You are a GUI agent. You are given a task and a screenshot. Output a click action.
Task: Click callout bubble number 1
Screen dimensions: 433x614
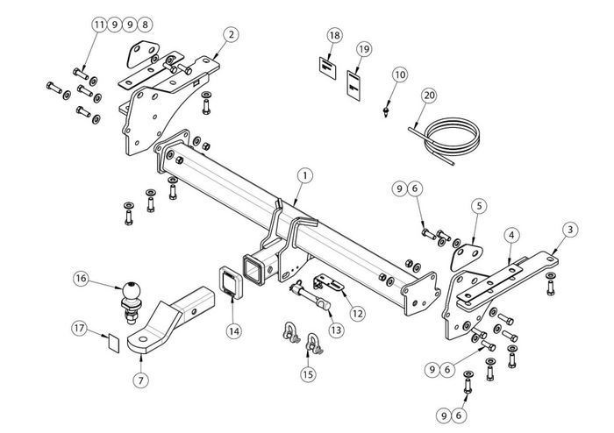tap(303, 175)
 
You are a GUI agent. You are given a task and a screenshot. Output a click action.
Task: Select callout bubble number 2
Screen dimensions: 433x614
tap(230, 35)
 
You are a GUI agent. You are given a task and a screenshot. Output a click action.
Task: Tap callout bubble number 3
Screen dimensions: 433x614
tap(570, 230)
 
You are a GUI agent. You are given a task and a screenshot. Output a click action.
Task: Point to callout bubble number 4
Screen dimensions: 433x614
tap(511, 234)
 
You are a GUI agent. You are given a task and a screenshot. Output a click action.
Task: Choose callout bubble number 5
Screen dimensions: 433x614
tap(478, 206)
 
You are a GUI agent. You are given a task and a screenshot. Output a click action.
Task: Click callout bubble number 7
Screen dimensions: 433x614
tap(139, 380)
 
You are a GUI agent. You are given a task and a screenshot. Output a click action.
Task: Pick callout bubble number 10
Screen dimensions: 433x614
tap(400, 75)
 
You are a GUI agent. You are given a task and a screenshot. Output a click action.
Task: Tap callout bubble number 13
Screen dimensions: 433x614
tap(337, 330)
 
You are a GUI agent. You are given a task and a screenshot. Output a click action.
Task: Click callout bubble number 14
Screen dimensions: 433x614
tap(233, 330)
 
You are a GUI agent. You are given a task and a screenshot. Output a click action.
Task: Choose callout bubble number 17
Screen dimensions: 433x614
tap(79, 329)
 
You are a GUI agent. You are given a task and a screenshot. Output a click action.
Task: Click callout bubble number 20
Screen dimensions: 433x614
tap(429, 95)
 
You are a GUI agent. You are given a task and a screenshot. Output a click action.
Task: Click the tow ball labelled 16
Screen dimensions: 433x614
tap(130, 292)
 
